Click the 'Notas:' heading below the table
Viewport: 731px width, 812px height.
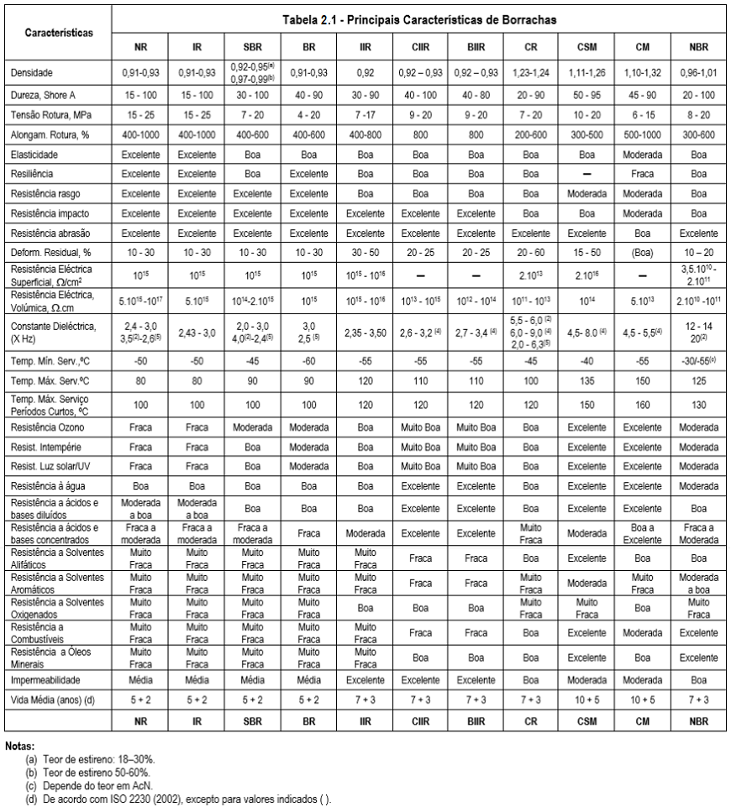17,745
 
